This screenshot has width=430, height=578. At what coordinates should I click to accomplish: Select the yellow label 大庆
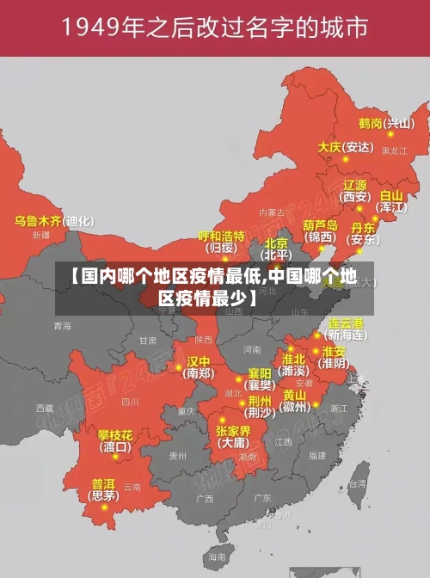click(x=329, y=147)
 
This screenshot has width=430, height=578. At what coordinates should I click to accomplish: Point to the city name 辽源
click(x=355, y=185)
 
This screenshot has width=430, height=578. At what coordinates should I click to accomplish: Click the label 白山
click(x=390, y=195)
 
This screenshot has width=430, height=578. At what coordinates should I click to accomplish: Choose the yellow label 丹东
click(x=363, y=228)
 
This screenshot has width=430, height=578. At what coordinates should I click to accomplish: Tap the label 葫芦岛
click(x=320, y=224)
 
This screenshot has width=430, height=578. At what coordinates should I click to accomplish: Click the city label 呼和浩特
click(x=222, y=236)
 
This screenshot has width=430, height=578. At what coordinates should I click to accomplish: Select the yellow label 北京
click(x=276, y=243)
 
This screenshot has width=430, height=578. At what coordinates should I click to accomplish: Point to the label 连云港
click(x=346, y=323)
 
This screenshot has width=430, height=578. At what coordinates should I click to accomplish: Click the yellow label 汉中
click(x=199, y=361)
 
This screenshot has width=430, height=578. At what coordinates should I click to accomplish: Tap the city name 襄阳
click(x=261, y=372)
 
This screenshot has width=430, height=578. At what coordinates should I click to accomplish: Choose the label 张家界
click(x=233, y=430)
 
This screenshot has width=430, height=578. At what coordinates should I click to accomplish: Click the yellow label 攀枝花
click(x=114, y=434)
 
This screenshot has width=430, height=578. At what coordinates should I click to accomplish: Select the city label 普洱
click(x=103, y=483)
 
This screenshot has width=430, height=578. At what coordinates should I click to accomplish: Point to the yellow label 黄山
click(x=294, y=395)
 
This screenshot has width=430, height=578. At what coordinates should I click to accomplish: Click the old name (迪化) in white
click(x=79, y=221)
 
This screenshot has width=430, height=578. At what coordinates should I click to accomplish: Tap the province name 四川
click(x=130, y=401)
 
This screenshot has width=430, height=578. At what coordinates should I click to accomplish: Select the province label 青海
click(x=62, y=326)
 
